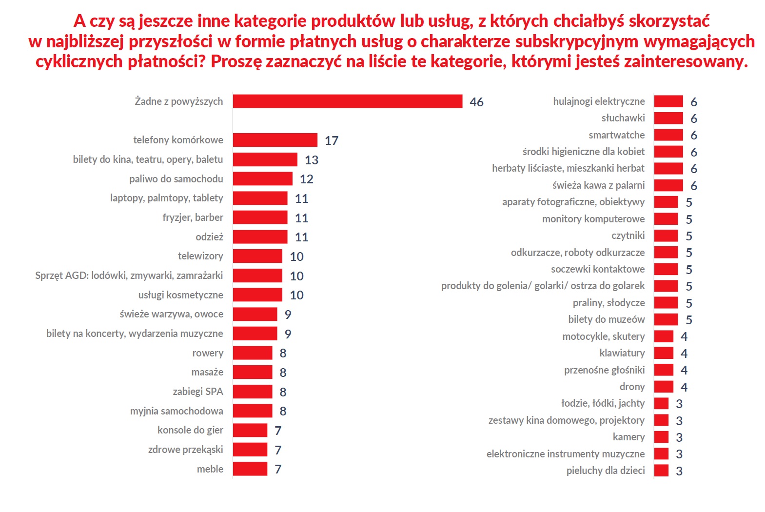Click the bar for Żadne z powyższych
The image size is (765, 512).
click(x=347, y=101)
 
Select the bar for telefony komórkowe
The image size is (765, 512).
click(x=275, y=140)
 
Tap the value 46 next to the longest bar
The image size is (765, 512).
click(x=476, y=102)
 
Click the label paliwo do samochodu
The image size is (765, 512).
click(x=176, y=179)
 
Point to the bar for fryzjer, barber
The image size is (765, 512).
click(x=260, y=217)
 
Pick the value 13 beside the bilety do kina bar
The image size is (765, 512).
click(x=312, y=160)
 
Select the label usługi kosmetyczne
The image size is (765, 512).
click(x=180, y=295)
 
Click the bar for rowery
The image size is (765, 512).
click(x=252, y=353)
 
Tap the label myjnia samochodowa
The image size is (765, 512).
click(x=177, y=411)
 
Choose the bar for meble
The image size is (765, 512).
click(x=250, y=469)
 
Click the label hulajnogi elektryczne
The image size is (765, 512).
click(x=599, y=101)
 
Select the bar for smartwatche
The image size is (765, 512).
click(x=668, y=135)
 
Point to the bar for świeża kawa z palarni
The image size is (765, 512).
click(x=668, y=185)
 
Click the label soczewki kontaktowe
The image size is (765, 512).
click(x=598, y=269)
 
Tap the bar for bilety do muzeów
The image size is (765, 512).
click(x=666, y=319)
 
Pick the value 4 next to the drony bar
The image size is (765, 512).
click(x=684, y=387)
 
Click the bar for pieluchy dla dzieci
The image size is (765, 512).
click(x=661, y=471)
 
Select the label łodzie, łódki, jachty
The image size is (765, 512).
click(x=603, y=403)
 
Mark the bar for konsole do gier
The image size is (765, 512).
click(x=250, y=430)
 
